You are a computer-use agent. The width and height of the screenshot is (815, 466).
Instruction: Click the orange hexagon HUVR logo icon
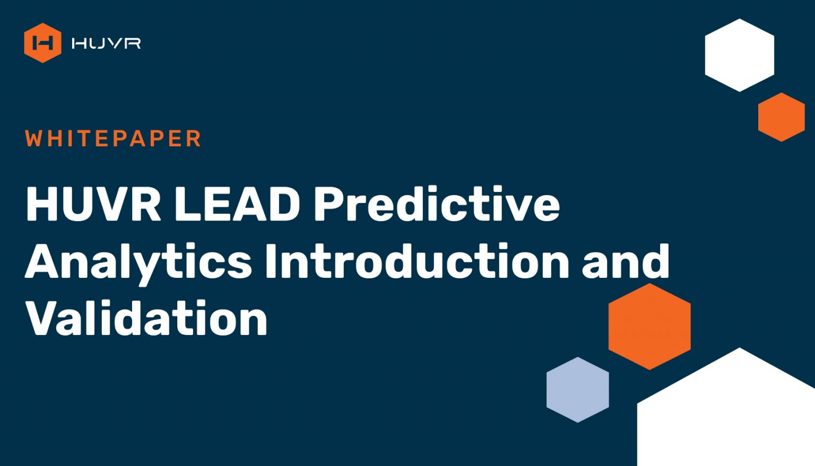42,43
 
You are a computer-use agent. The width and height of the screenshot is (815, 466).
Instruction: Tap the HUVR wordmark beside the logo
106,43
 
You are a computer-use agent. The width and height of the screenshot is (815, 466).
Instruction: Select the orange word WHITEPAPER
113,138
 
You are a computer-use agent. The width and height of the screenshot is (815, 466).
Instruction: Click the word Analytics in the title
138,262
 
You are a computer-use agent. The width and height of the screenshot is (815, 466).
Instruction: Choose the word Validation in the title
146,318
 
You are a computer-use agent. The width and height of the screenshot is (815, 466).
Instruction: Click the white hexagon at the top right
739,55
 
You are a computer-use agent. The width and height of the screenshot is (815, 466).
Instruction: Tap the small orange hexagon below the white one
782,117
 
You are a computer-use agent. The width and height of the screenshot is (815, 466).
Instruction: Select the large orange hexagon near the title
649,327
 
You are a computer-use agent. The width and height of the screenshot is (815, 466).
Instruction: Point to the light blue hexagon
578,390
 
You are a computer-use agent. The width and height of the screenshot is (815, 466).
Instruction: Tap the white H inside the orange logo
42,43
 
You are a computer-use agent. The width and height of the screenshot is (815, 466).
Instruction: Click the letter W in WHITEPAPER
34,138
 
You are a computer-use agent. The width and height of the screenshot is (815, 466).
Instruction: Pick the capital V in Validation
43,318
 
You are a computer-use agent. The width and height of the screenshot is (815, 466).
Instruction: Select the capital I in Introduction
271,261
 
